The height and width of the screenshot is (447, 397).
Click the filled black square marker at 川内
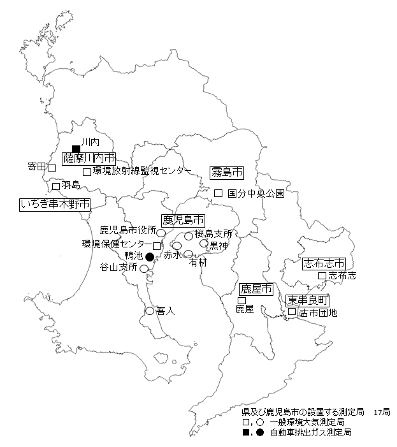76,149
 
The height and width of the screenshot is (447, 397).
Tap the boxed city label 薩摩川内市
89,158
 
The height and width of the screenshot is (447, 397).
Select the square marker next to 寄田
52,168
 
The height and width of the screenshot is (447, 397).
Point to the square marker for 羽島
56,186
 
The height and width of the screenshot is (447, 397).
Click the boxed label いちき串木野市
54,204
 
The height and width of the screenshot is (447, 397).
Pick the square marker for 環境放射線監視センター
87,172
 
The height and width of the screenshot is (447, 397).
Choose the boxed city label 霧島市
227,173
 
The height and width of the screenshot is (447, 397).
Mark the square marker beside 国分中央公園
218,193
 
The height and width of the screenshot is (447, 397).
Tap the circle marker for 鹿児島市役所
161,233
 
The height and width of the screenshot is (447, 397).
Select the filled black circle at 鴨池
150,256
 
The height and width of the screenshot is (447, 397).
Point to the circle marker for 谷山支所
144,268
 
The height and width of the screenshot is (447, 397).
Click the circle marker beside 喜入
150,311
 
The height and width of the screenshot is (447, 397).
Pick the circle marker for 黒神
204,243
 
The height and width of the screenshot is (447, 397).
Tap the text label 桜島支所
213,233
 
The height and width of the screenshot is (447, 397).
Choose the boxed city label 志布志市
324,263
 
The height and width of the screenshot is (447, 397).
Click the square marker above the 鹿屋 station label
242,300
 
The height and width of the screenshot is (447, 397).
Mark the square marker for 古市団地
292,312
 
